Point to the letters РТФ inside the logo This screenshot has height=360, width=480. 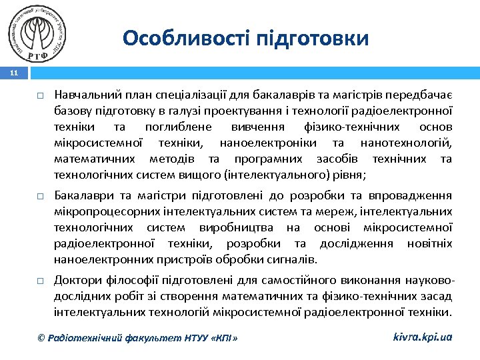pos(39,49)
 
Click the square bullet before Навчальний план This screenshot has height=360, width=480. pos(40,95)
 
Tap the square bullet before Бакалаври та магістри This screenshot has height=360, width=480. pos(40,197)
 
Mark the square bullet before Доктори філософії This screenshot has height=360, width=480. pos(40,281)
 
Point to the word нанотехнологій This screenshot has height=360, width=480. pos(406,143)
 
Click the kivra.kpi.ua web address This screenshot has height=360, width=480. pos(422,337)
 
